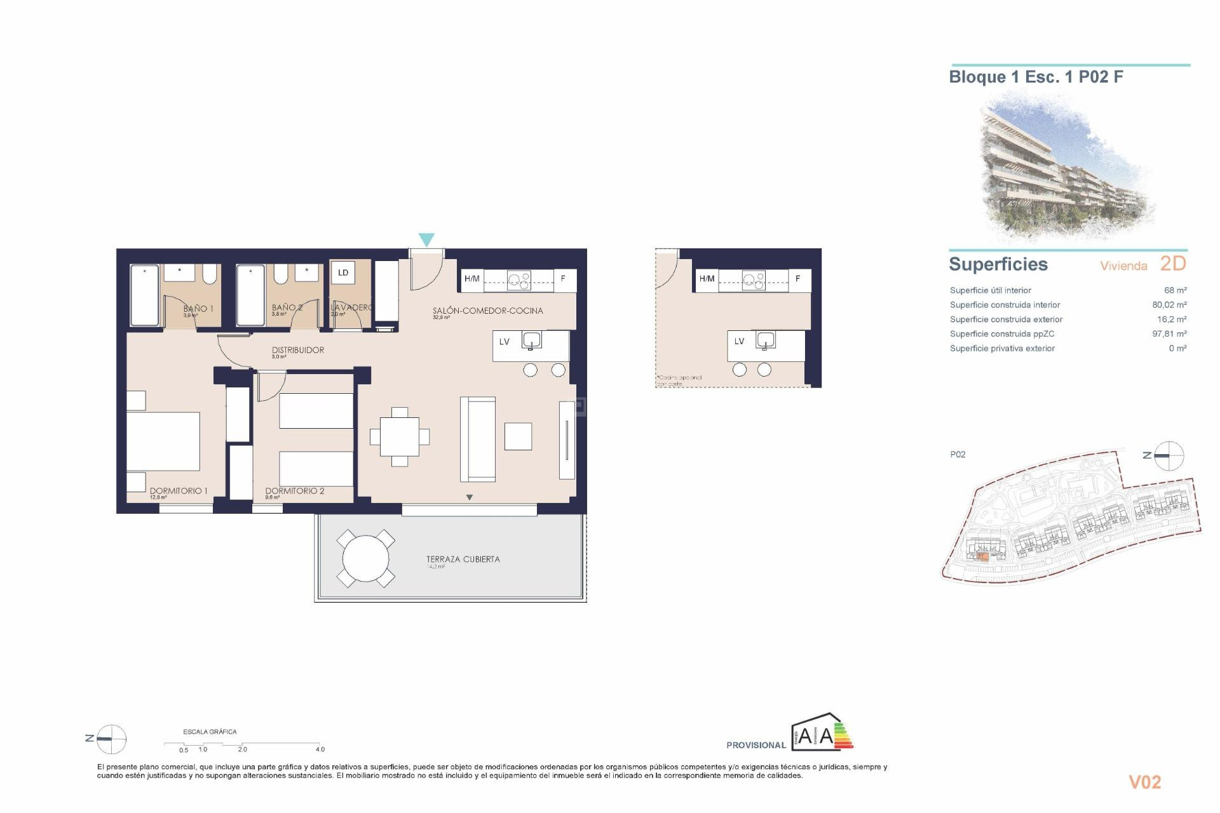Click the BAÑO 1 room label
click(x=198, y=309)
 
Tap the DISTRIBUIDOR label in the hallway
click(x=298, y=350)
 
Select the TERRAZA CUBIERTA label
click(x=463, y=559)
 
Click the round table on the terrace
click(x=365, y=558)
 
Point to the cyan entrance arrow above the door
click(x=426, y=239)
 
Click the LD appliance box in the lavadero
click(x=343, y=273)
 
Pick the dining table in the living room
click(x=400, y=437)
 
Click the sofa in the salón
click(x=478, y=439)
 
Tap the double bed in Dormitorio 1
click(x=163, y=441)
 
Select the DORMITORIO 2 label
click(x=294, y=491)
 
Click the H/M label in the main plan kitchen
click(x=471, y=279)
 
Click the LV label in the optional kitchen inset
click(x=739, y=341)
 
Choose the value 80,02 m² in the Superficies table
click(x=1169, y=305)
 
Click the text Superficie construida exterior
click(x=1006, y=319)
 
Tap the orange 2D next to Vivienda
click(x=1173, y=264)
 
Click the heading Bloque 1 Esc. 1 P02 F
click(x=1036, y=77)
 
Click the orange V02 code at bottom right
click(x=1144, y=782)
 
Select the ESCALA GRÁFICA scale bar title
click(x=210, y=732)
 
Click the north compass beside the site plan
click(x=1168, y=455)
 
